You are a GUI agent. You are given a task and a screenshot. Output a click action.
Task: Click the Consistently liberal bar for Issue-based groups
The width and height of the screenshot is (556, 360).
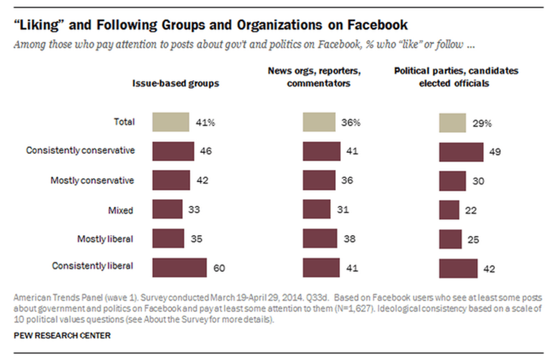coord(179,267)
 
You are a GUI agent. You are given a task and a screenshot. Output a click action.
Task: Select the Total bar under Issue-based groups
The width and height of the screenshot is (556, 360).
coord(170,122)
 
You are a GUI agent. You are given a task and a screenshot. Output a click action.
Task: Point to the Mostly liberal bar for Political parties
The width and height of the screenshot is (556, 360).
coord(450,238)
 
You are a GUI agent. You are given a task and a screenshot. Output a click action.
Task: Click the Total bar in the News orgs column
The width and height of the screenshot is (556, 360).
coord(319,122)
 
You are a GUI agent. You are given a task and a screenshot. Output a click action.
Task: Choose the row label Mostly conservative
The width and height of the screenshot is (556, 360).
coord(92,181)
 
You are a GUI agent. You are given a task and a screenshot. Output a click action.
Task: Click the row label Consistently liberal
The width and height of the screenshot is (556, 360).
coord(92,266)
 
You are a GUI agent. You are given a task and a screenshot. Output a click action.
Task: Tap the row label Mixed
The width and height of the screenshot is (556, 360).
coord(120,210)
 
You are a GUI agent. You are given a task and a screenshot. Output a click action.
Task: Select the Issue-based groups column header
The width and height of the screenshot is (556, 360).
coord(176,83)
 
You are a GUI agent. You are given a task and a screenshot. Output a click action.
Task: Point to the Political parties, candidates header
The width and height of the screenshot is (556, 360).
coord(456,77)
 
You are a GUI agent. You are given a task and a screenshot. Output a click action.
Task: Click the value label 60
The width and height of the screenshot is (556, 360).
coord(218,268)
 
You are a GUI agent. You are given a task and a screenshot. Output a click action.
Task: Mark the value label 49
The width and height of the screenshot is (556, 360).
coord(495,152)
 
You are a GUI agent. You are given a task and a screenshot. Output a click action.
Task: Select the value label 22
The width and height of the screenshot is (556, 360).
coord(470,210)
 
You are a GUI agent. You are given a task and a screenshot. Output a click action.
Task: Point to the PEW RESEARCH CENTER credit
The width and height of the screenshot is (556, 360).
coord(62,336)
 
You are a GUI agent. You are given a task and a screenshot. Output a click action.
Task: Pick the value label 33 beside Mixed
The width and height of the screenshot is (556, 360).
coord(194,210)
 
